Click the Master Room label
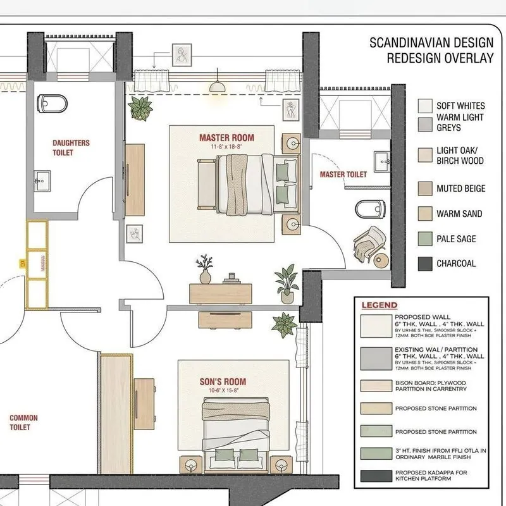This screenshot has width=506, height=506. [226, 137]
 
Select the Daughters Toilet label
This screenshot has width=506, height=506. [71, 148]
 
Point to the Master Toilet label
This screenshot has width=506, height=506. [343, 175]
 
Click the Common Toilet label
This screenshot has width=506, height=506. [23, 423]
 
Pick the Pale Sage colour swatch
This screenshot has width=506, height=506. [425, 239]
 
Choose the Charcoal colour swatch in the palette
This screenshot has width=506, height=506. [425, 264]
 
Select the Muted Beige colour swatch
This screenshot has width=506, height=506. [425, 188]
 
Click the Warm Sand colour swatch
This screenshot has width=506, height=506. [425, 214]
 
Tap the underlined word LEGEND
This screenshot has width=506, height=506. [379, 305]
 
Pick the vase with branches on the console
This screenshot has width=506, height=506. [205, 270]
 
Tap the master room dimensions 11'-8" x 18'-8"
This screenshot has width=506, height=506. [226, 146]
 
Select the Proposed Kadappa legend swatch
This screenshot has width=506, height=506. [375, 476]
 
